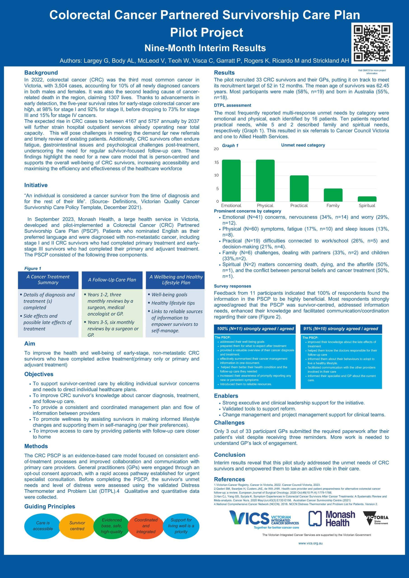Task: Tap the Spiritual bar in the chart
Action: [x=367, y=199]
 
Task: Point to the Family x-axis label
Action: [x=333, y=205]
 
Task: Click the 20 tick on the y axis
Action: [x=216, y=149]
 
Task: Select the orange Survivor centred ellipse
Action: [x=77, y=526]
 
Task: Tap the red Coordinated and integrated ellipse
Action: [x=146, y=526]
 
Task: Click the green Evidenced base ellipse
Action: [x=112, y=526]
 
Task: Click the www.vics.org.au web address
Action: [x=310, y=543]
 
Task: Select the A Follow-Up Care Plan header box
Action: [x=112, y=280]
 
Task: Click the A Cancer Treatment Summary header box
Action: [x=48, y=280]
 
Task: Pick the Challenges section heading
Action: [x=229, y=423]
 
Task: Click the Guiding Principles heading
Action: [x=50, y=506]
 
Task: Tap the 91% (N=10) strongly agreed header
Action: [x=341, y=329]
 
